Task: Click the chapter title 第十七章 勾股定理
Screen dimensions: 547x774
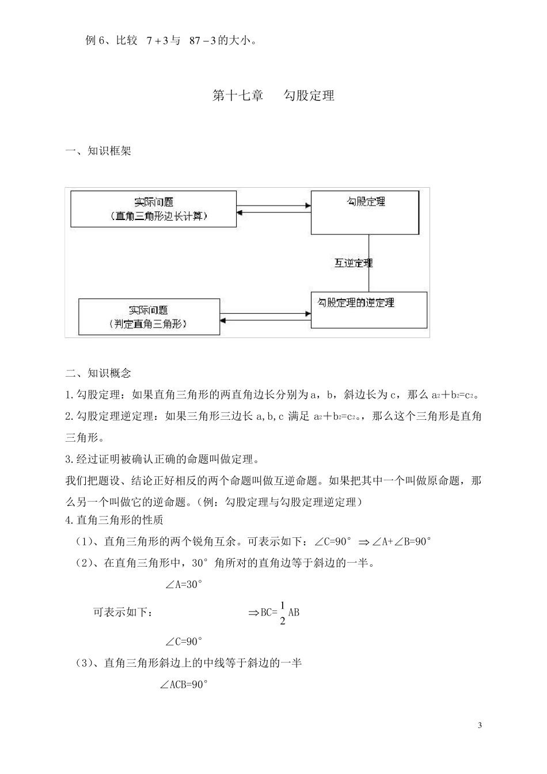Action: pos(273,96)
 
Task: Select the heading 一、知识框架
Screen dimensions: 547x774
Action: pos(98,151)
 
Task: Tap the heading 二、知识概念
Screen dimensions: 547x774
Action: pos(98,373)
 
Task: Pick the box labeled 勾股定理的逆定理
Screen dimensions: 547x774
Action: pos(369,310)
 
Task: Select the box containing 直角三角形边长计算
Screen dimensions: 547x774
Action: pos(154,209)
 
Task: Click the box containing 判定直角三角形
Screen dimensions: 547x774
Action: pos(149,317)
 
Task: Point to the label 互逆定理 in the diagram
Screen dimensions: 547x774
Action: pos(354,263)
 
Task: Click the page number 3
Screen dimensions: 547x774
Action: pos(480,725)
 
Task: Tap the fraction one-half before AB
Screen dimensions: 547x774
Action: pos(282,613)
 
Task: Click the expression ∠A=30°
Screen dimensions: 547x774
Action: pos(184,585)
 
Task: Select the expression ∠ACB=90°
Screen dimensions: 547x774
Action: pos(183,685)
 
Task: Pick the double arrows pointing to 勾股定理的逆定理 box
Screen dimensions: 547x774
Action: pos(265,316)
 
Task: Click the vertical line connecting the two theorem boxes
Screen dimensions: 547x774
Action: pos(369,263)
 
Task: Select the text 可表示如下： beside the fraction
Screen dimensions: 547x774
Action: pos(123,613)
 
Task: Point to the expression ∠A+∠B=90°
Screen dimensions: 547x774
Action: pos(402,542)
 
